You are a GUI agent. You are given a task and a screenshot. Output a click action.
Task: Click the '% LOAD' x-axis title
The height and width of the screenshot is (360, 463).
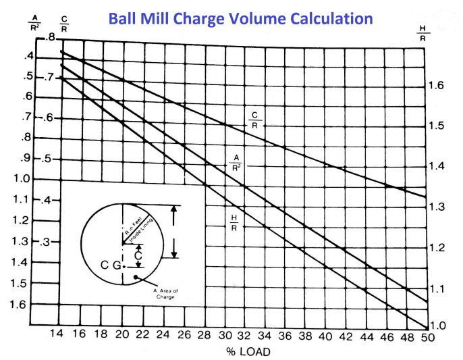[239, 351]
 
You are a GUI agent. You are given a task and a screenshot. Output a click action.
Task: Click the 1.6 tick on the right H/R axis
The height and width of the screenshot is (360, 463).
[436, 85]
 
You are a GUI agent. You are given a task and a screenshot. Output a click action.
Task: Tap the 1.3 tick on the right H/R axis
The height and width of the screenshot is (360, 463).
[436, 207]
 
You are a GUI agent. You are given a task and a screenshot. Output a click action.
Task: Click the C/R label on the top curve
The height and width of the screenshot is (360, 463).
[254, 120]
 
